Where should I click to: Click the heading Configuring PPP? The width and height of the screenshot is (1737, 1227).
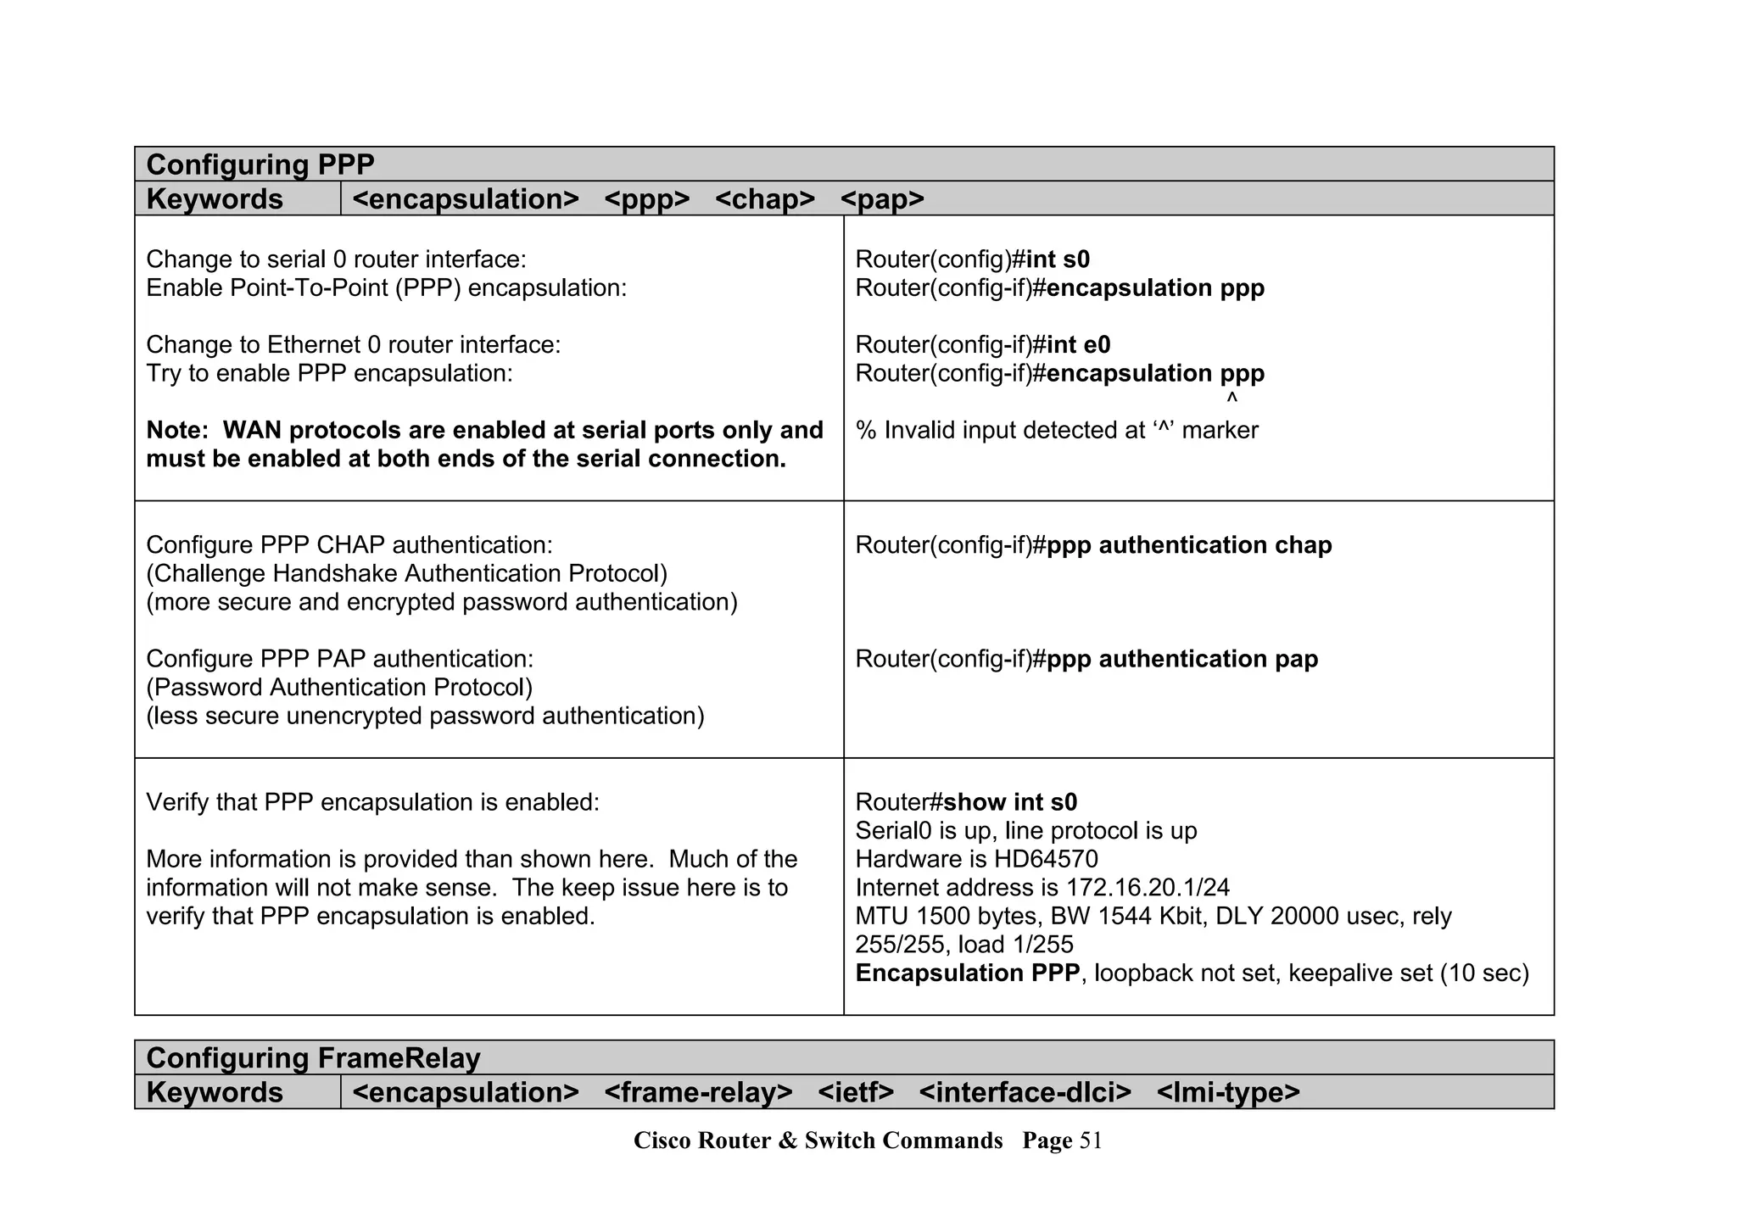click(260, 165)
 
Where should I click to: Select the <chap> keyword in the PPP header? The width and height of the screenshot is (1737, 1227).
click(764, 199)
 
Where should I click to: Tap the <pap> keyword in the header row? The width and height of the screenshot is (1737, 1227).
click(882, 199)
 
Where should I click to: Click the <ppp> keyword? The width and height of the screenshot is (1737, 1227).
click(647, 199)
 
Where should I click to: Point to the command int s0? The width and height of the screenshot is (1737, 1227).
click(1058, 259)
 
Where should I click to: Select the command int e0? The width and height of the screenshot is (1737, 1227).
click(1078, 345)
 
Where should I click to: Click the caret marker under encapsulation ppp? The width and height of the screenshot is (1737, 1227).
click(1232, 398)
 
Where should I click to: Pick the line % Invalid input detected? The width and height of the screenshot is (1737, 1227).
click(1056, 431)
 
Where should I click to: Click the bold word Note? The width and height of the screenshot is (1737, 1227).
click(176, 431)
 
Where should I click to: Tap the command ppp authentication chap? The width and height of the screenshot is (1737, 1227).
click(1189, 545)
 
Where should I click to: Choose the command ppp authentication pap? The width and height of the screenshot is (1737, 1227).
click(1182, 660)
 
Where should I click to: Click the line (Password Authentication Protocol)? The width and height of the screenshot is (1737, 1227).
click(339, 688)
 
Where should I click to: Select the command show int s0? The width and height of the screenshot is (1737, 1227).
click(1010, 802)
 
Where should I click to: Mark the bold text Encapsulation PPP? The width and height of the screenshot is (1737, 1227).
click(967, 973)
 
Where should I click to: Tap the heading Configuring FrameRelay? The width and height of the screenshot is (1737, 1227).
click(313, 1058)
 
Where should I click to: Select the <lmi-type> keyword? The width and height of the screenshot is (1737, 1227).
click(1227, 1092)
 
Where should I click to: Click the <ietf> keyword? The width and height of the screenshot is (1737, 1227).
click(856, 1092)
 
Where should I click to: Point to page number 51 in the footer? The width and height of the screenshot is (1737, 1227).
click(1091, 1141)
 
